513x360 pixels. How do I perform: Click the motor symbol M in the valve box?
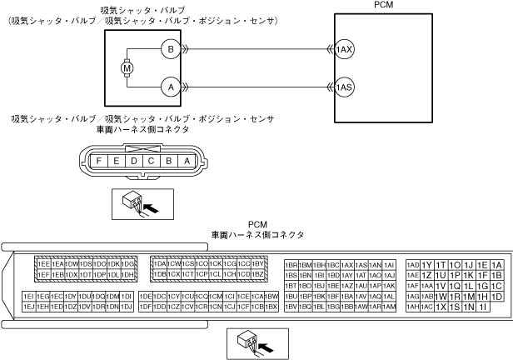click(128, 67)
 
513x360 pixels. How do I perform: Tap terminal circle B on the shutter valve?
click(170, 50)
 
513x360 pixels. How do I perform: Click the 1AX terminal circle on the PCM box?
click(344, 50)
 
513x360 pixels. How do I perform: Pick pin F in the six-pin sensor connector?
click(100, 160)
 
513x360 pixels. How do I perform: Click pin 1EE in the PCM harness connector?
click(44, 264)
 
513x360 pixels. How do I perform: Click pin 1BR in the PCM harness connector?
click(291, 264)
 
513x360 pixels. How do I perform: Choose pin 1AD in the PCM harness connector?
click(413, 264)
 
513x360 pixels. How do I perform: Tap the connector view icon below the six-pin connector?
click(140, 203)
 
